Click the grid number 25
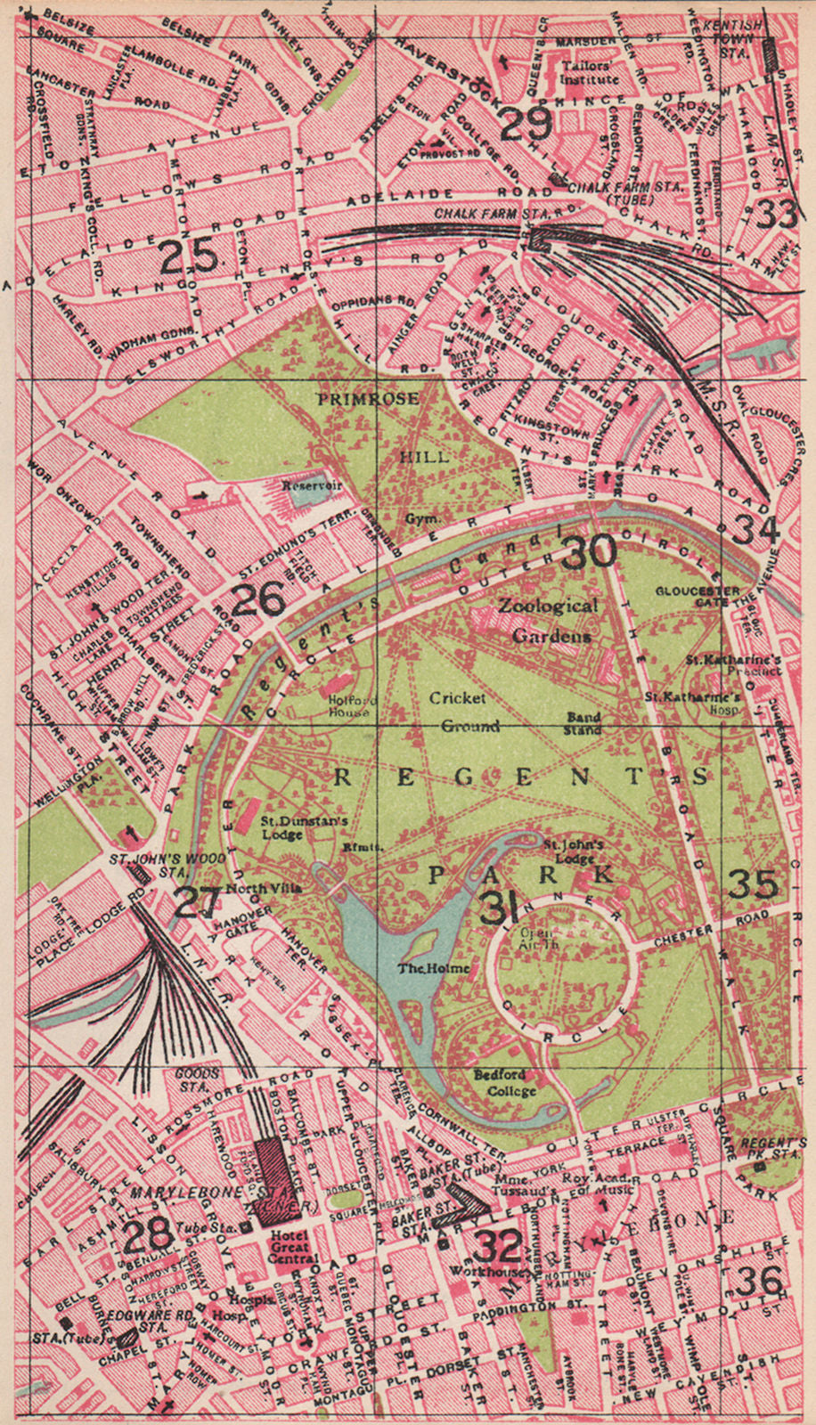click(189, 257)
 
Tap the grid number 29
click(526, 124)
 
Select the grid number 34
click(756, 529)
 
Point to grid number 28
click(147, 1235)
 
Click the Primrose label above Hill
click(367, 399)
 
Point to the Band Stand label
click(584, 723)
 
